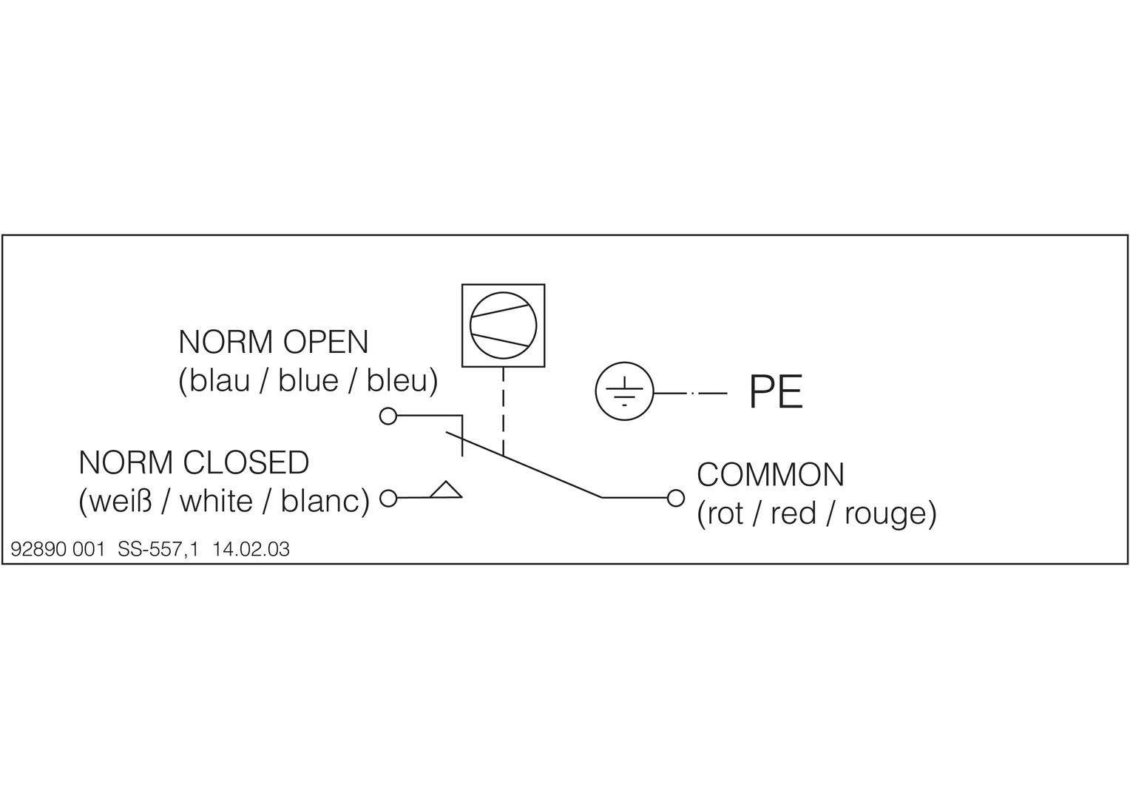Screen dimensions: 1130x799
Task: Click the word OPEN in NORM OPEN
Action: coord(325,342)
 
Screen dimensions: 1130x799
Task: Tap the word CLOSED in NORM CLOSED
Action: coord(246,462)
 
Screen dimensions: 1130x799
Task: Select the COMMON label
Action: coord(771,475)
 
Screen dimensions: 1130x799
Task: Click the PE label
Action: coord(776,392)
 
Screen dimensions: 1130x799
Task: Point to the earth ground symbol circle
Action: coord(624,362)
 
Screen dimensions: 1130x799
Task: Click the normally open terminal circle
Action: coord(388,417)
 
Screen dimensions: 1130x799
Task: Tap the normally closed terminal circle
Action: coord(388,498)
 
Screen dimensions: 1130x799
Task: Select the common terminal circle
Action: coord(675,498)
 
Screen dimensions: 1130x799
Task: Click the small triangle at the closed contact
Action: coord(446,490)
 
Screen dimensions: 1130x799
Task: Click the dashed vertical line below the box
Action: coord(504,411)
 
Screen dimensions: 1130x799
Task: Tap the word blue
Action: coord(308,381)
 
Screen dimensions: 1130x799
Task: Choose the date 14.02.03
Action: coord(251,549)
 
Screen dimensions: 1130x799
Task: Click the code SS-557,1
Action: coord(158,549)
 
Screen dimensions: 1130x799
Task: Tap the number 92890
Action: coord(38,549)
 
